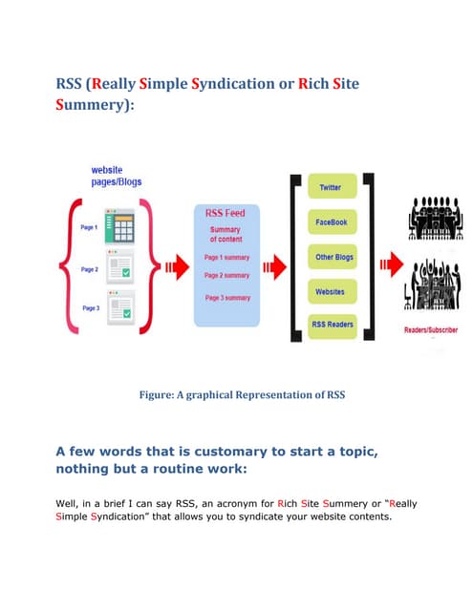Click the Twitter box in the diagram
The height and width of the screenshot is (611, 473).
pyautogui.click(x=330, y=187)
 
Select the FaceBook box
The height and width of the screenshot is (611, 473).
pyautogui.click(x=331, y=221)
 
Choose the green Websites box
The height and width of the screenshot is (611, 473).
pyautogui.click(x=331, y=290)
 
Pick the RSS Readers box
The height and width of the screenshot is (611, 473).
pyautogui.click(x=332, y=325)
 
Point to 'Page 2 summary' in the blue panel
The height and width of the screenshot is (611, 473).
pyautogui.click(x=227, y=275)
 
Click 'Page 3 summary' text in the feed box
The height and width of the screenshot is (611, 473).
pyautogui.click(x=227, y=298)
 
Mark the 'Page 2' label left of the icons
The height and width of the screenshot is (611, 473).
pyautogui.click(x=90, y=270)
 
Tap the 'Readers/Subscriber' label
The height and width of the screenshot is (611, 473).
pyautogui.click(x=431, y=330)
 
